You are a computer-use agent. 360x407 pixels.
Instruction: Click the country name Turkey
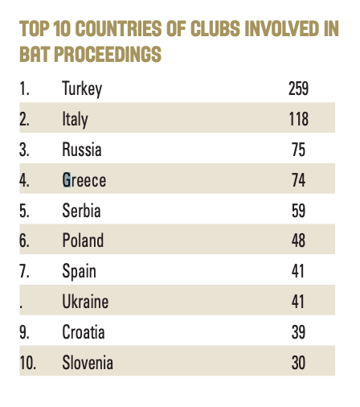82,89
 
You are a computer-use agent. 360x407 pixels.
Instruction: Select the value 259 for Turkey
298,88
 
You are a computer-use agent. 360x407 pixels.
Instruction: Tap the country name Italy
75,120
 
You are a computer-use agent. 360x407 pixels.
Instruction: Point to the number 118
299,119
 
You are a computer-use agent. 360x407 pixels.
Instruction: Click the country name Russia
82,150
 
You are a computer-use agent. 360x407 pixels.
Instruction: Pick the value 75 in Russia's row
298,150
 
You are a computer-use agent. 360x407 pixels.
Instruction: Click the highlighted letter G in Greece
67,179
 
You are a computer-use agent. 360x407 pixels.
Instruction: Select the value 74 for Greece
298,180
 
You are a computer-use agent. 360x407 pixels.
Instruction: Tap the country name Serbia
81,210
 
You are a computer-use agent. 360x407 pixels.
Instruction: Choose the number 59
298,211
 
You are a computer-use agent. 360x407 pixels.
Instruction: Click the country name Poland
83,240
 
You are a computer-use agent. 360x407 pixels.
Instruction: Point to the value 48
298,240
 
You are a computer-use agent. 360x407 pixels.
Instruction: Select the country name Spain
79,271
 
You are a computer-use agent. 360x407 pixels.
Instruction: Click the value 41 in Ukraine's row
298,302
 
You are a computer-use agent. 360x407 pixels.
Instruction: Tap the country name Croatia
84,332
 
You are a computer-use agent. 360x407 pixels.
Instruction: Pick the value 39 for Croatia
298,332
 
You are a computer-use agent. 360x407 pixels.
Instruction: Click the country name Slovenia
88,363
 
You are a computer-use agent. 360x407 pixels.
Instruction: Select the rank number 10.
28,363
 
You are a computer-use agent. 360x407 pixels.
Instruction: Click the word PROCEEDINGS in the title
108,54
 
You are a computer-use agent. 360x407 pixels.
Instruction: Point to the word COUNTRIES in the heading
118,28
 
